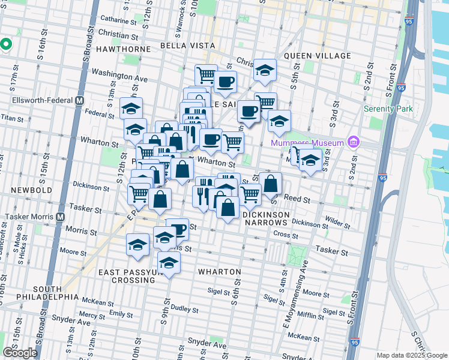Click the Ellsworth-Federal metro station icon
[79, 100]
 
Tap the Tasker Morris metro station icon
[60, 217]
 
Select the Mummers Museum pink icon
[353, 142]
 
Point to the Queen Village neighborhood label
[317, 56]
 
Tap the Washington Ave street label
[119, 77]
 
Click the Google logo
[20, 353]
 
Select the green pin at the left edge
[6, 45]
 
